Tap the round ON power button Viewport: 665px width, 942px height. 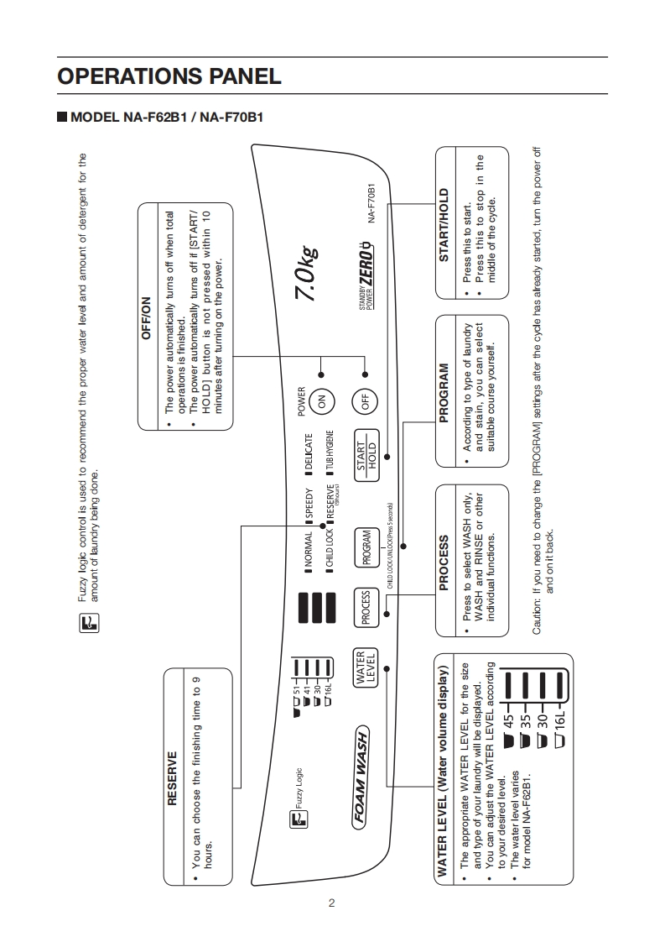click(x=320, y=402)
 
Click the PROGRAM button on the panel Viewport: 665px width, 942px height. click(x=366, y=547)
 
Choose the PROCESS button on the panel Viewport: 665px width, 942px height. click(x=366, y=608)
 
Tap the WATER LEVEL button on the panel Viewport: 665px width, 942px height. click(x=366, y=668)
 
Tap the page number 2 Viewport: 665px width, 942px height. click(x=332, y=903)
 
